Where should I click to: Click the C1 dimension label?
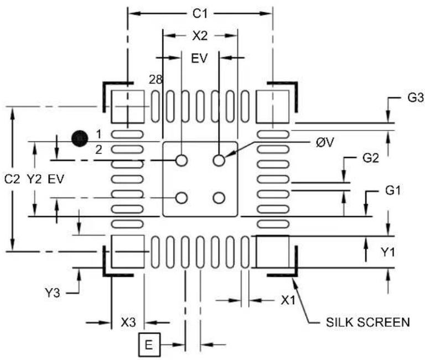tap(200, 13)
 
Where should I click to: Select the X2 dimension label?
tap(200, 36)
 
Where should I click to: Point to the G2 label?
tap(371, 158)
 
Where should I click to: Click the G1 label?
tap(393, 191)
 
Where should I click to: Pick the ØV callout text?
tap(325, 143)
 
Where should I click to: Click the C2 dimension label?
tap(12, 179)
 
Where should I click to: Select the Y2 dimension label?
tap(34, 179)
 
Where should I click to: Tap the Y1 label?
tap(388, 252)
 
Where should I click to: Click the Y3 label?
tap(53, 293)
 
